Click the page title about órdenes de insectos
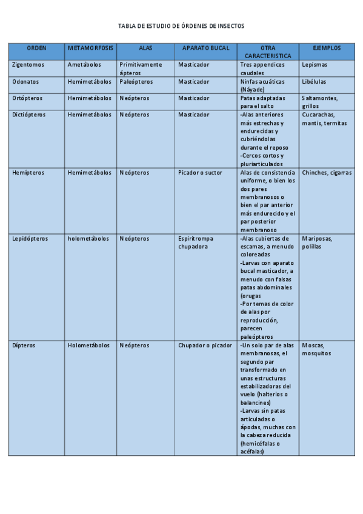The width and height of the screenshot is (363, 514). pyautogui.click(x=181, y=27)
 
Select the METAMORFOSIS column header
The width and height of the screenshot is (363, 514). pyautogui.click(x=90, y=47)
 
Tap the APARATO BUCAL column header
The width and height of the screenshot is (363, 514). pyautogui.click(x=205, y=47)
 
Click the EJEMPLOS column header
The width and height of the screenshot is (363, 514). pyautogui.click(x=327, y=47)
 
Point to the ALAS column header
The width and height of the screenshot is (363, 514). pyautogui.click(x=145, y=47)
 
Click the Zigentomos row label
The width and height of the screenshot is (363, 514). pyautogui.click(x=28, y=64)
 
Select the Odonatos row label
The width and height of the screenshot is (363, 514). pyautogui.click(x=25, y=81)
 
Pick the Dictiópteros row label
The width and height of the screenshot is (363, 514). pyautogui.click(x=28, y=114)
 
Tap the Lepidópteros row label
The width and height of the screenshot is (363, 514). pyautogui.click(x=30, y=239)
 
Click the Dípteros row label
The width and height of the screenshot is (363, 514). pyautogui.click(x=24, y=345)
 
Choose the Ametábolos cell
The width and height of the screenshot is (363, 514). pyautogui.click(x=84, y=64)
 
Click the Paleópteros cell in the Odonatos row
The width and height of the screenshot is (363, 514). pyautogui.click(x=136, y=81)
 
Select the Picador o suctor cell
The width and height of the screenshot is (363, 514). pyautogui.click(x=200, y=173)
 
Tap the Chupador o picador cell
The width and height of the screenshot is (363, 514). pyautogui.click(x=205, y=345)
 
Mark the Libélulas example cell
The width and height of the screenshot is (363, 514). pyautogui.click(x=314, y=81)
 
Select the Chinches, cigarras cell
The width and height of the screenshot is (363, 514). pyautogui.click(x=326, y=173)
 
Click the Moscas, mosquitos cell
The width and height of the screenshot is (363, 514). pyautogui.click(x=316, y=349)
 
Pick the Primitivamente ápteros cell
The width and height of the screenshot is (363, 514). pyautogui.click(x=141, y=68)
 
